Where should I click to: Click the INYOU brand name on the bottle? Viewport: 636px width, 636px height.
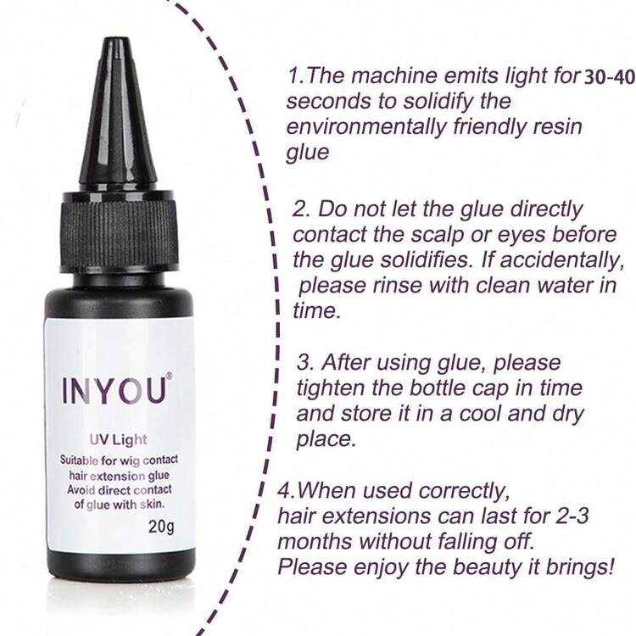click(114, 391)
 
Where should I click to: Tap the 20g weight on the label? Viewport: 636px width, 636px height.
click(161, 527)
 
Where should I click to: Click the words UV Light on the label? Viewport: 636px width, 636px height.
click(118, 439)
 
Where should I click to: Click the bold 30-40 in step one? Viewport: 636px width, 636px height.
click(609, 78)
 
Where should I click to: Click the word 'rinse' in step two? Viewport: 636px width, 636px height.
click(397, 286)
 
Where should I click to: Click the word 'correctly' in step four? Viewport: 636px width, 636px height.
click(464, 492)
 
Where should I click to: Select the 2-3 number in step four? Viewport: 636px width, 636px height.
click(571, 516)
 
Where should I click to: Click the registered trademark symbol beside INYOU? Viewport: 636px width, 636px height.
click(169, 377)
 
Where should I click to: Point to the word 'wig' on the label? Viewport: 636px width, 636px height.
click(130, 461)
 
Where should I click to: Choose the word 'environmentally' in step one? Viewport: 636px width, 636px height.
click(365, 127)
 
